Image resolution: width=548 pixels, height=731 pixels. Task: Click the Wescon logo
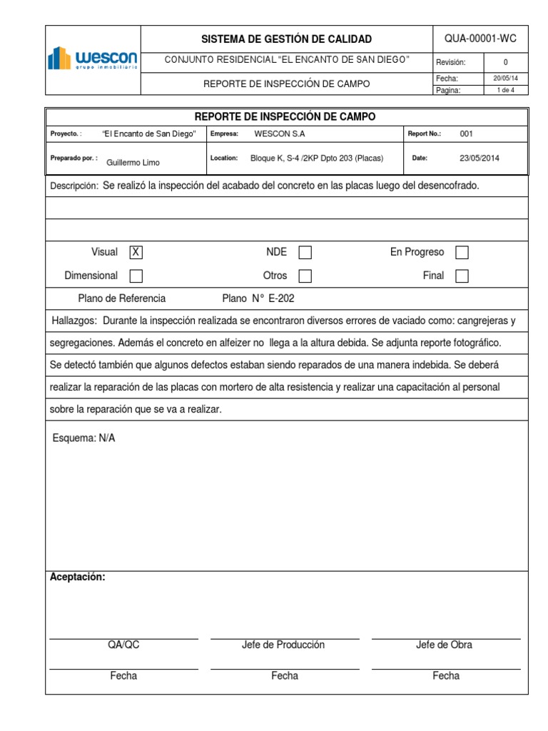(92, 59)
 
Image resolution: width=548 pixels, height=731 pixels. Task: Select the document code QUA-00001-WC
(479, 39)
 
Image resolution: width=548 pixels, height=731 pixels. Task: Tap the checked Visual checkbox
(136, 252)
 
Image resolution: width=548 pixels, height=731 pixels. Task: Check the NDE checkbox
(305, 252)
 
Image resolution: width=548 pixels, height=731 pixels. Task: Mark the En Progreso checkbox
(462, 253)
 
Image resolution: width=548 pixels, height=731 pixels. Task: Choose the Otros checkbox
(305, 276)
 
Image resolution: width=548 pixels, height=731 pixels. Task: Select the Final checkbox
(462, 276)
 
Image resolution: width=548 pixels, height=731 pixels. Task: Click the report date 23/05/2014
(479, 158)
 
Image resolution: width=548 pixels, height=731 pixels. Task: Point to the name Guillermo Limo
(133, 162)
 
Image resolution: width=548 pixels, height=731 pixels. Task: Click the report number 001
(466, 133)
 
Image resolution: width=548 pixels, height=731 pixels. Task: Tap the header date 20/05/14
(505, 79)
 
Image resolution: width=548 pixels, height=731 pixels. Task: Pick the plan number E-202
(281, 298)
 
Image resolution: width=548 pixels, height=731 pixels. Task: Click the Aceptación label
(77, 577)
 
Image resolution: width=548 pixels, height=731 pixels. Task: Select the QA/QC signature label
(123, 645)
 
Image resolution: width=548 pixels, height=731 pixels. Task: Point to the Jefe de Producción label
(283, 645)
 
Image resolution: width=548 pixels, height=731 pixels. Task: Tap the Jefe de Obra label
(444, 645)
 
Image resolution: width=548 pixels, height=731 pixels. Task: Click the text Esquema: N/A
(83, 438)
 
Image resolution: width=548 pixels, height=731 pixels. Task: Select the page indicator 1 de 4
(505, 90)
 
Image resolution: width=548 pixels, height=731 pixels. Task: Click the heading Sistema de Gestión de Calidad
(286, 39)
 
